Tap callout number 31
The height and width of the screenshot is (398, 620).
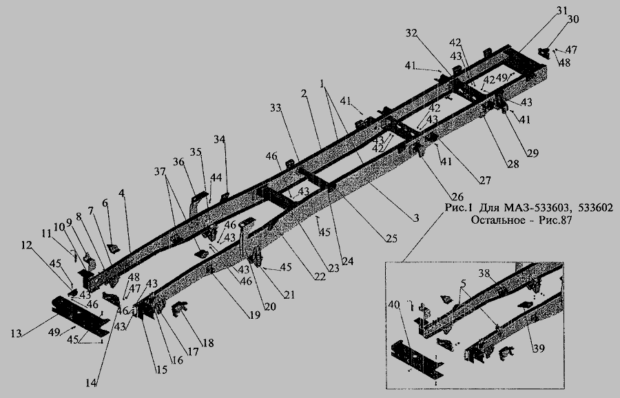click(x=562, y=10)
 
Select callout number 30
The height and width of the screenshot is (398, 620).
click(x=573, y=19)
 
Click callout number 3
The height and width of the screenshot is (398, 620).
click(x=416, y=218)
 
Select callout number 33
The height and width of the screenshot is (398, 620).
click(x=276, y=108)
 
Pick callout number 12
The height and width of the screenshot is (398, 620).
click(x=25, y=246)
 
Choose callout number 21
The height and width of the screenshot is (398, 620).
click(x=289, y=295)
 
